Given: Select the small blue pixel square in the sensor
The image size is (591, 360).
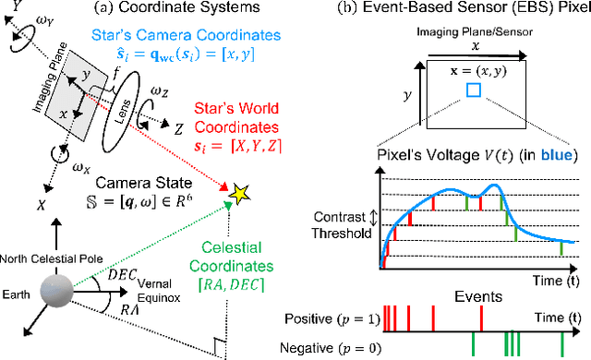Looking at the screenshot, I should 474,90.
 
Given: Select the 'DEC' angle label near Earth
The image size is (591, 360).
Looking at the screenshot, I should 95,273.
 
